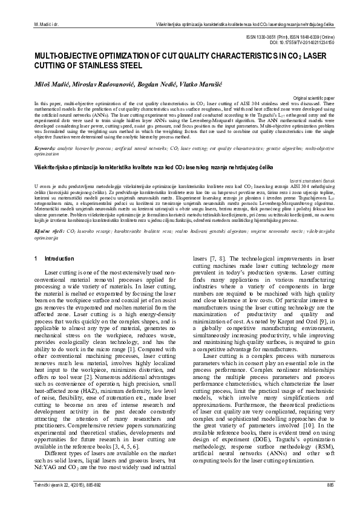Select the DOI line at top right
click(x=306, y=42)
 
